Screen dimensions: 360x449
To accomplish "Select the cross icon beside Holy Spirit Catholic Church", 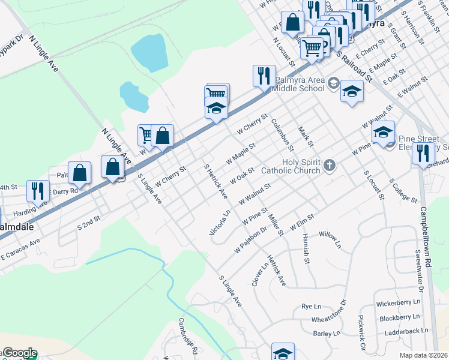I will pos(329,164).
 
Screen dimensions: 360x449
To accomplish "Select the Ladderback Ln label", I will pos(407,331).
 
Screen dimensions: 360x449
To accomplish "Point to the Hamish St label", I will pos(306,248).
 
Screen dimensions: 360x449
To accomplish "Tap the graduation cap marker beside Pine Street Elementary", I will pos(383,133).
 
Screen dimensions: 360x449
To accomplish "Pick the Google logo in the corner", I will pos(19,353).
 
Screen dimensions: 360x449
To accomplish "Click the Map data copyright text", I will pos(423,355).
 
